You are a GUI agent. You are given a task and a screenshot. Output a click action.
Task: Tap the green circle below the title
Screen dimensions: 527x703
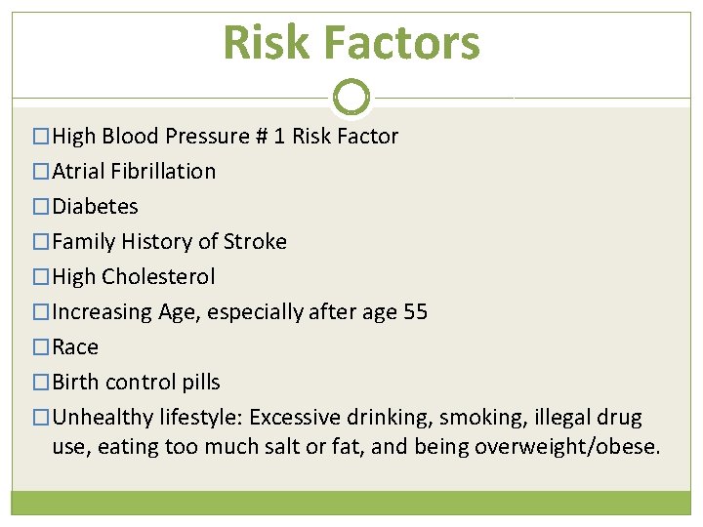coord(351,97)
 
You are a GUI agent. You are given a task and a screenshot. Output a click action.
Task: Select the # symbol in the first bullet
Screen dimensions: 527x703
coord(261,137)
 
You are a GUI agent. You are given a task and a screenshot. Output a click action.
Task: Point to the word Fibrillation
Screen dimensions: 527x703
coord(163,172)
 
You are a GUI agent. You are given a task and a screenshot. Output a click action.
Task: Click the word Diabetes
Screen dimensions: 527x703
coord(95,207)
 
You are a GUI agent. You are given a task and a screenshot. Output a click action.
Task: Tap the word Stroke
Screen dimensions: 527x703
coord(255,242)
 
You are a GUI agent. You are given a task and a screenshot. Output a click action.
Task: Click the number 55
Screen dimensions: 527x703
coord(415,312)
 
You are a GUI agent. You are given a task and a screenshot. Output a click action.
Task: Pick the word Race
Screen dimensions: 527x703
coord(75,347)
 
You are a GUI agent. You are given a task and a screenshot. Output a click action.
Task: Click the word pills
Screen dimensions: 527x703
coord(199,383)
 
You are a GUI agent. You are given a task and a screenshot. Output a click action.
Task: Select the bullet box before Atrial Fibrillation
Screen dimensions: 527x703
coord(40,172)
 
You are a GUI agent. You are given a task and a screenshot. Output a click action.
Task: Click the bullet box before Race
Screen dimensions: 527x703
coord(40,347)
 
